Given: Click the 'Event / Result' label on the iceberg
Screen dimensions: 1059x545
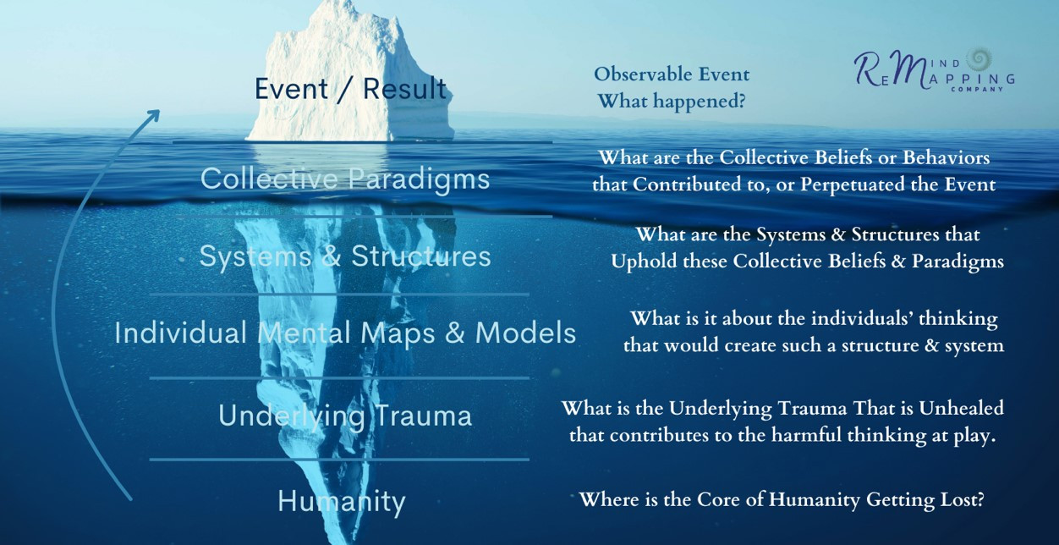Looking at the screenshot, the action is [x=351, y=90].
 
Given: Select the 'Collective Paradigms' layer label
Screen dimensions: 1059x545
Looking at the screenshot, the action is [x=345, y=179].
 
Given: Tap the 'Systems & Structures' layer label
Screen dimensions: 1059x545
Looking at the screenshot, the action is [x=345, y=257].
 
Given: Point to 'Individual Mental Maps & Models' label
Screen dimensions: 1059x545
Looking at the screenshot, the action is [x=345, y=333].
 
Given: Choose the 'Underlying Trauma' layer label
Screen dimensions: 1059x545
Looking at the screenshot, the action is [x=345, y=416].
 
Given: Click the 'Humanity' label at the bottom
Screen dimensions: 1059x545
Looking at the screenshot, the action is [x=342, y=502].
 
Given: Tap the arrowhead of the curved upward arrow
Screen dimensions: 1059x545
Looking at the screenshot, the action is [x=154, y=116].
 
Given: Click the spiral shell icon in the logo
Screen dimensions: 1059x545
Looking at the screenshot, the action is [x=978, y=59].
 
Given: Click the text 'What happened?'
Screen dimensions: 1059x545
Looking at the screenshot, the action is [x=672, y=101].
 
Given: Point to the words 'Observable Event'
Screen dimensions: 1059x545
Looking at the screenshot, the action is [x=672, y=74].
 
